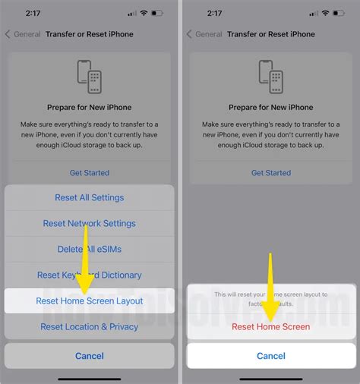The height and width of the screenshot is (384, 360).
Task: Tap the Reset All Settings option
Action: (x=89, y=197)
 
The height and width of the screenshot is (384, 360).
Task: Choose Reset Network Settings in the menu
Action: (x=89, y=223)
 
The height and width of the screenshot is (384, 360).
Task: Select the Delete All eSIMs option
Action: (x=89, y=249)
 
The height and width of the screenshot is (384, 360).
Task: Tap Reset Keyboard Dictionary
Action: (x=89, y=275)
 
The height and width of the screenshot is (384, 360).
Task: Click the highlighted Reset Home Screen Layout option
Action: (x=89, y=301)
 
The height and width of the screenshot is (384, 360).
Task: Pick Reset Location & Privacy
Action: (x=89, y=326)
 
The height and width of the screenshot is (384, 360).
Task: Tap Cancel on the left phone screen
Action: (x=89, y=355)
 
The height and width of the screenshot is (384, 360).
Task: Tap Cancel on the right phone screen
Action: (x=271, y=355)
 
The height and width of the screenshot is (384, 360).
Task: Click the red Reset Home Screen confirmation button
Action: (x=271, y=326)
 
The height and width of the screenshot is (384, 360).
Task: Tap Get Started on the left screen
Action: (x=89, y=173)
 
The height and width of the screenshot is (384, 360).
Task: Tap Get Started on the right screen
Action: (x=271, y=173)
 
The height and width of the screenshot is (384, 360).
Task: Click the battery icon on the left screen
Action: (x=157, y=13)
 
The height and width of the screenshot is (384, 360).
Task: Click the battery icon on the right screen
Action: (x=339, y=13)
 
